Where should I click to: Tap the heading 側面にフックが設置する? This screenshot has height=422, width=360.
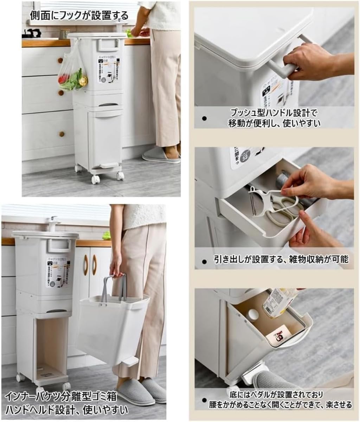pos(79,16)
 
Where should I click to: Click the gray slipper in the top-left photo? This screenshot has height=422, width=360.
pos(160,155)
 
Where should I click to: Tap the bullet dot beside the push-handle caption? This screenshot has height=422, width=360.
pos(204,119)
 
